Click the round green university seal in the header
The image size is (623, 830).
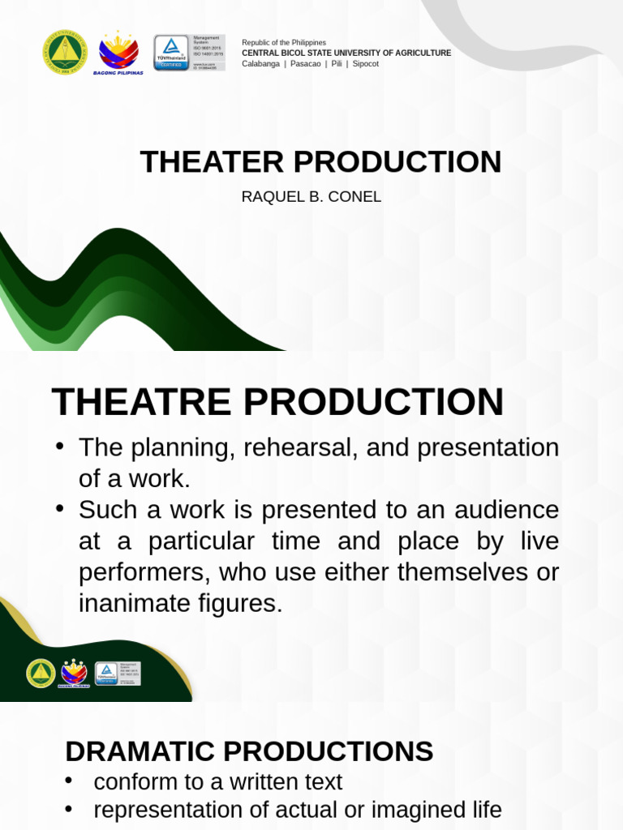(64, 53)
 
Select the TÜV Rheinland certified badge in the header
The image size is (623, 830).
(171, 53)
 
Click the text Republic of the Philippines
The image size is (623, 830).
(284, 42)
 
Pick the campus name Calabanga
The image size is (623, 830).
(260, 63)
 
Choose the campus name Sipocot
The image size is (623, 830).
(365, 63)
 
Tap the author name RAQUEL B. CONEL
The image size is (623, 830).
(311, 197)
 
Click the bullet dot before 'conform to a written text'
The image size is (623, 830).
(69, 781)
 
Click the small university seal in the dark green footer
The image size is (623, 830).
(41, 673)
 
